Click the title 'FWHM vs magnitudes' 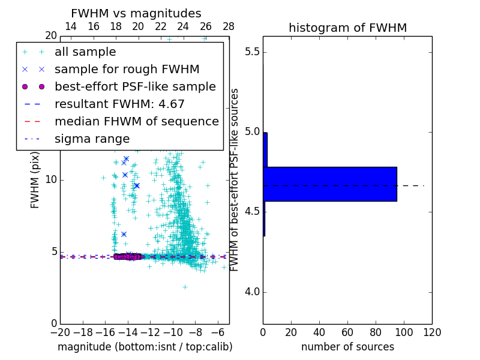(136, 13)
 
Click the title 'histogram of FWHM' (347, 28)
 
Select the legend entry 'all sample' (85, 52)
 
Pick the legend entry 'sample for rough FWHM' (127, 69)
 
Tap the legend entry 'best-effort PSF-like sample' (135, 86)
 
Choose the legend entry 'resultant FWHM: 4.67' (119, 104)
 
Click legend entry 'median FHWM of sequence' (136, 121)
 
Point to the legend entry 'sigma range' (92, 139)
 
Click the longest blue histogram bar (329, 184)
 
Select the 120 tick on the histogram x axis (431, 331)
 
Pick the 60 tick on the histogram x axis (347, 331)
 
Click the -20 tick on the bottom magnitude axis (60, 331)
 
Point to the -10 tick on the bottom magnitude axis (173, 331)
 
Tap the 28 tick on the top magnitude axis (229, 26)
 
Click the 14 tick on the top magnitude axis (70, 26)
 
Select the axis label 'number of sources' (347, 347)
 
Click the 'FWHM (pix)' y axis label (35, 180)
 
